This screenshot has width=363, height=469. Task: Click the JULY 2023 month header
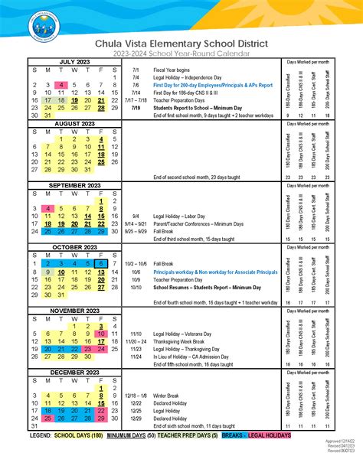click(74, 61)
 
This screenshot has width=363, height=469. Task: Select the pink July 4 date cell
click(48, 85)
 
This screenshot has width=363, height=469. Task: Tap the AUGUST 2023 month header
click(74, 123)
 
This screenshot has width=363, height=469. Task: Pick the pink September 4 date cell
click(48, 209)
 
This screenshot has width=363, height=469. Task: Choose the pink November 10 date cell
click(101, 334)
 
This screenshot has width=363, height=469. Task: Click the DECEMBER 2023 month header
click(74, 372)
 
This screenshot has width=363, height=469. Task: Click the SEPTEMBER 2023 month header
click(74, 185)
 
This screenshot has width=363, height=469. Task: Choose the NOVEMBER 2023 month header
click(74, 310)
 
